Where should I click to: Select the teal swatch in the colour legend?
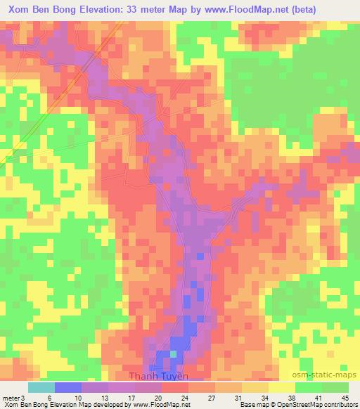(41, 387)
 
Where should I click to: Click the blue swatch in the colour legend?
(68, 387)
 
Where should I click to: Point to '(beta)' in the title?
(300, 9)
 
